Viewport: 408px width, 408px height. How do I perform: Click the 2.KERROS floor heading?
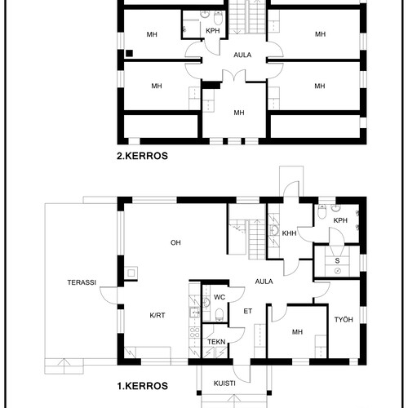(142, 156)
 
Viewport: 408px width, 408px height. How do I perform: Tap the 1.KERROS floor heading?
(142, 386)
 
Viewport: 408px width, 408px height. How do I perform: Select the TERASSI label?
(82, 282)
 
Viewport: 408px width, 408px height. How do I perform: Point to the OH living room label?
(175, 242)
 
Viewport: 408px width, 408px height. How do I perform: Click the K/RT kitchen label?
(157, 315)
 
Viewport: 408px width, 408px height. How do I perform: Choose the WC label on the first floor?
(220, 297)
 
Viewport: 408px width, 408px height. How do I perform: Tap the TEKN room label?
(216, 342)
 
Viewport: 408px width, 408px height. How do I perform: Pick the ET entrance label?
(247, 311)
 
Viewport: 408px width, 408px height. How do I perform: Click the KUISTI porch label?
(224, 384)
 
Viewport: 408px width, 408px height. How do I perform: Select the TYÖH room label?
(344, 319)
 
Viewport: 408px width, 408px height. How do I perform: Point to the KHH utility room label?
(289, 233)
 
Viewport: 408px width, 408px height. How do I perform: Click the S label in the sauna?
(337, 260)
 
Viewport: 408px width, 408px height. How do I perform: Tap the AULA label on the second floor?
(242, 55)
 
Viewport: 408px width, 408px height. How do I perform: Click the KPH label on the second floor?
(213, 31)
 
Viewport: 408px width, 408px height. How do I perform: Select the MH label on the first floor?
(297, 332)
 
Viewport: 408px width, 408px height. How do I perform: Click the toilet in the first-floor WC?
(220, 315)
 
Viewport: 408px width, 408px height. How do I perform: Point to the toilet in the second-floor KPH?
(218, 18)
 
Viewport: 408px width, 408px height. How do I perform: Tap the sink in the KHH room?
(274, 231)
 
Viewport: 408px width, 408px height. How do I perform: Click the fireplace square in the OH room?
(131, 273)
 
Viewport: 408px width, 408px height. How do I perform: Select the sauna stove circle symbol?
(338, 271)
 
